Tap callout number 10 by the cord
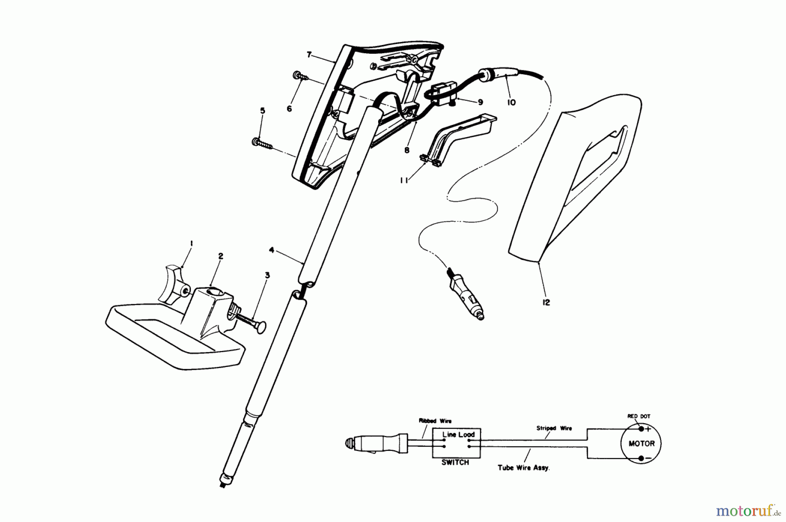(511, 102)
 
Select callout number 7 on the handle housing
(309, 55)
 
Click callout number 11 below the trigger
(404, 180)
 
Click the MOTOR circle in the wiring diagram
(641, 443)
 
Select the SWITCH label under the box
(455, 462)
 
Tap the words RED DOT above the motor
(639, 416)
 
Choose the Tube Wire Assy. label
(524, 467)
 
